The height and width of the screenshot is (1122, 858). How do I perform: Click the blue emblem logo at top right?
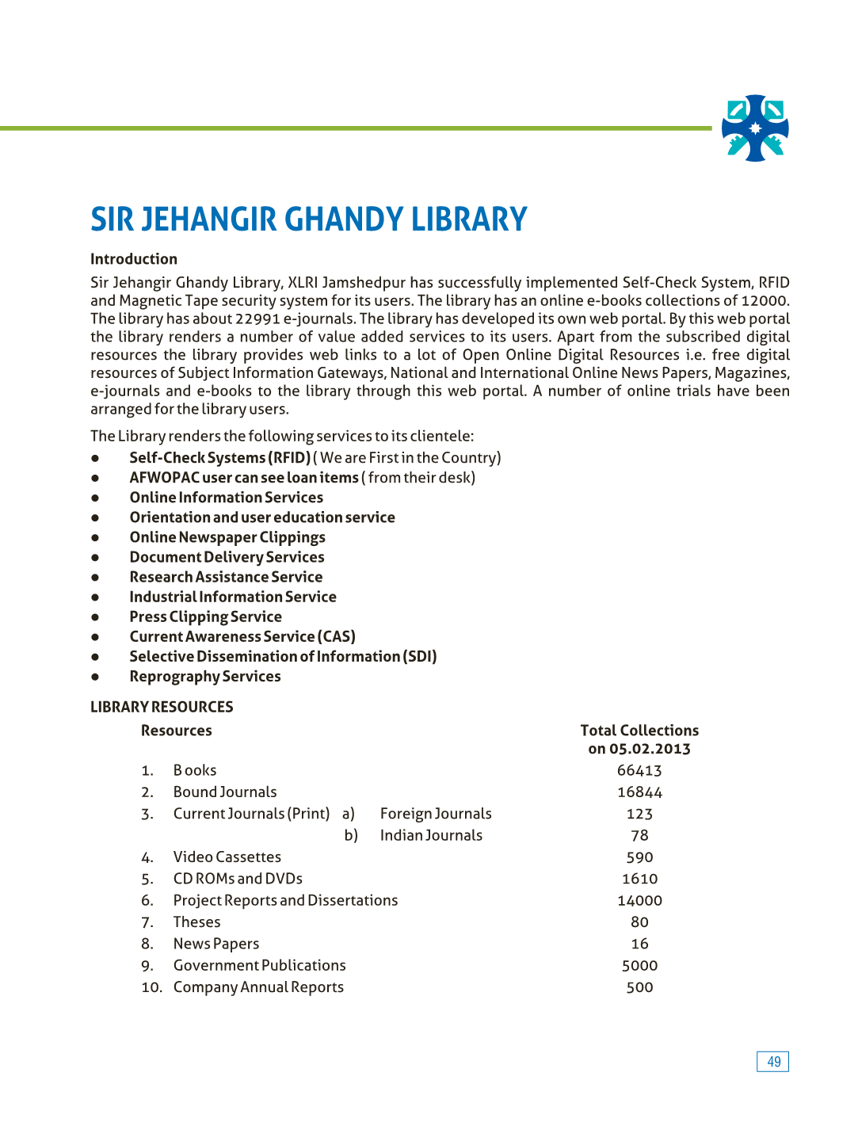pos(755,128)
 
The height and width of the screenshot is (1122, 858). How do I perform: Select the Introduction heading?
pos(134,259)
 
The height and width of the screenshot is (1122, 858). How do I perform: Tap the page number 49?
pos(773,1062)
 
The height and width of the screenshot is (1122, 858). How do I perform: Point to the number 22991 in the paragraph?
pos(257,319)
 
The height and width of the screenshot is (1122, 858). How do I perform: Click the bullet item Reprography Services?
pos(205,677)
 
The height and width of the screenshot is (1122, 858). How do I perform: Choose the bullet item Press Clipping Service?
pos(206,616)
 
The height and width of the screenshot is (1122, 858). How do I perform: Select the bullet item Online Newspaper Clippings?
pos(227,537)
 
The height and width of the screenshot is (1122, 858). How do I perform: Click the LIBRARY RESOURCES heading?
pos(162,707)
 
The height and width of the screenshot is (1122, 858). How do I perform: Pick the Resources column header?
pos(177,731)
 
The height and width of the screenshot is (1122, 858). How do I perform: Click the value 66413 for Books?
pos(639,770)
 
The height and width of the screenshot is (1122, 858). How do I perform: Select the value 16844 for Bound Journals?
pos(639,792)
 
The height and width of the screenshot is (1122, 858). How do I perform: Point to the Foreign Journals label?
pos(436,814)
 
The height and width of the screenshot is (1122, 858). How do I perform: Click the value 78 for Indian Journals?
pos(639,835)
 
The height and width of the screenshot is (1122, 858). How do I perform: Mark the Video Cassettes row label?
pos(227,857)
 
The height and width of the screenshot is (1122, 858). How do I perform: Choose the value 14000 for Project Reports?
pos(639,901)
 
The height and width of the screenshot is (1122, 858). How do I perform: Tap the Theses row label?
pos(197,922)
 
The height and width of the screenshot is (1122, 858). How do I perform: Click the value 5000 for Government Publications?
pos(639,966)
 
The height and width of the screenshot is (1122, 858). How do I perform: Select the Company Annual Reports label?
pos(258,987)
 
